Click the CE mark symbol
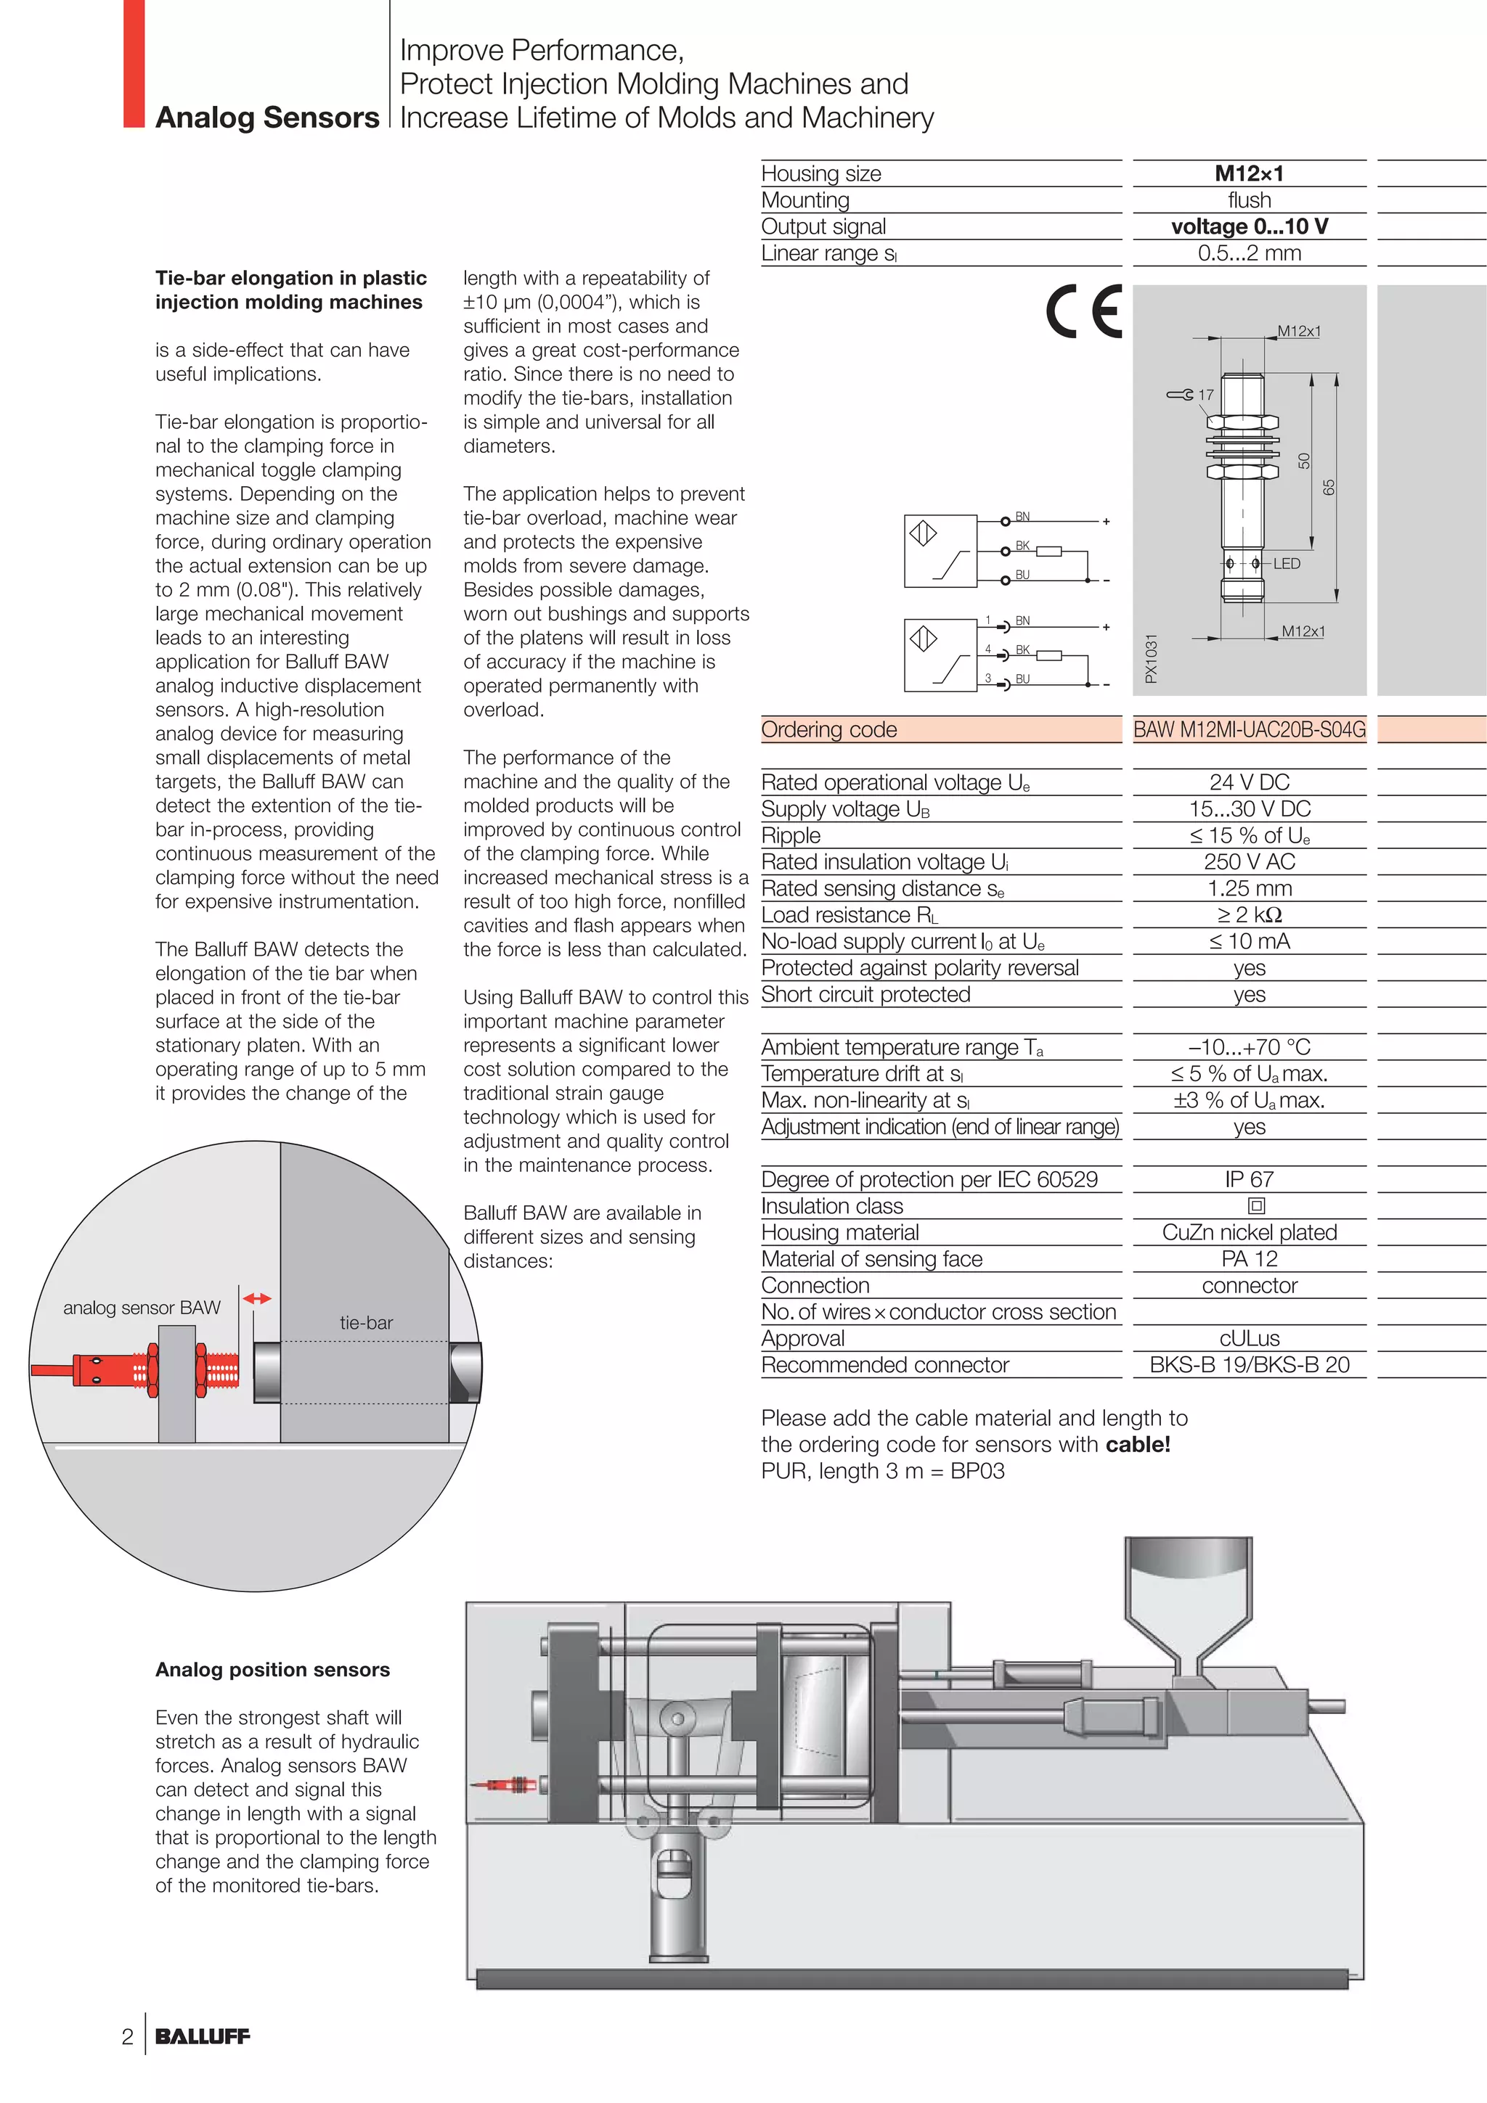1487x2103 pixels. tap(1084, 312)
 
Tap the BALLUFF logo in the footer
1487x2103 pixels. tap(203, 2036)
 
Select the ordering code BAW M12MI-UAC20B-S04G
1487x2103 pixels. tap(1249, 730)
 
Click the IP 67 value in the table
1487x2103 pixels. tap(1249, 1180)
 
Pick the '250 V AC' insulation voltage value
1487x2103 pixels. tap(1249, 862)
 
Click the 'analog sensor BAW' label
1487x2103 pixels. tap(142, 1308)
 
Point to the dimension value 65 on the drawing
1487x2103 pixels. tap(1329, 487)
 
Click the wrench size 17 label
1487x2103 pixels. tap(1205, 395)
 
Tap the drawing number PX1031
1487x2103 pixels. tap(1152, 657)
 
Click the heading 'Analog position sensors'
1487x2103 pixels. tap(272, 1670)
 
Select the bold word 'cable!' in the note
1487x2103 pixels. tap(1138, 1444)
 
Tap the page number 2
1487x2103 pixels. tap(127, 2037)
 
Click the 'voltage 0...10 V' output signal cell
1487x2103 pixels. tap(1249, 226)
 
